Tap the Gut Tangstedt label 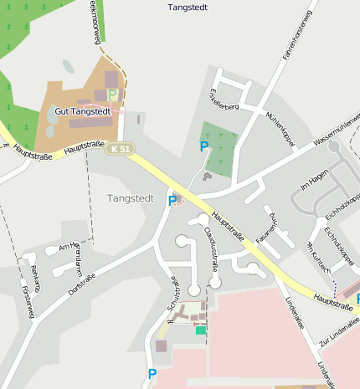81,110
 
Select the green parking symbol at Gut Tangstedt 112,95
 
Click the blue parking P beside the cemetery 203,147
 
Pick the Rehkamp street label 34,277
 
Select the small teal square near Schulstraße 200,330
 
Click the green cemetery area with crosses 218,148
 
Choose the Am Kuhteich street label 320,256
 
